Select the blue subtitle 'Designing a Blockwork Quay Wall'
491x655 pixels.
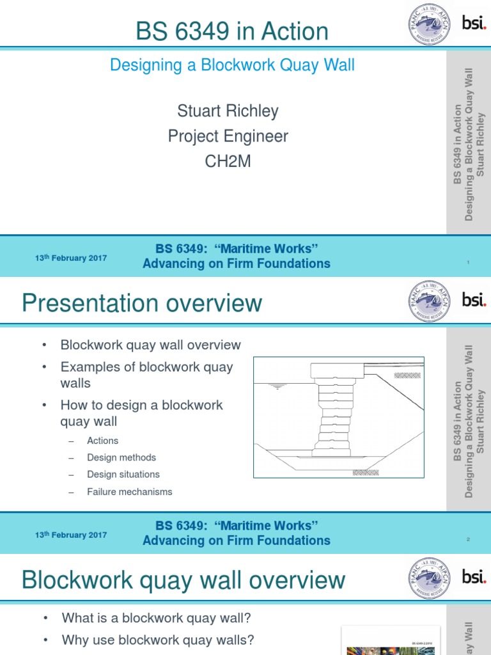[232, 65]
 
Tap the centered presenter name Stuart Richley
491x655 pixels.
[228, 111]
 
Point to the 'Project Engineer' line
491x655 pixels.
[228, 136]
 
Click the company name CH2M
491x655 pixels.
[228, 162]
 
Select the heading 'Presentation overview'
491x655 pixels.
[142, 303]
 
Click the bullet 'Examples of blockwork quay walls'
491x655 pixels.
[146, 375]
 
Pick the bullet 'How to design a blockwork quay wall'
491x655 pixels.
[141, 413]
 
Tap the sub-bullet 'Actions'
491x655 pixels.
[102, 441]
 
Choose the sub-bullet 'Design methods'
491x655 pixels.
[121, 457]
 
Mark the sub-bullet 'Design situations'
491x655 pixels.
[123, 475]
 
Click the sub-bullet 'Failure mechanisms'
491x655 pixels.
[130, 492]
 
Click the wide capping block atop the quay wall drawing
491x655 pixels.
[338, 370]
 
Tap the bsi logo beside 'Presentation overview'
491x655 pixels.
[474, 299]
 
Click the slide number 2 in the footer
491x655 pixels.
[468, 540]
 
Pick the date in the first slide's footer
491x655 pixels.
[71, 258]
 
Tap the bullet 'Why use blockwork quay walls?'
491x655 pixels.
[158, 640]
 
